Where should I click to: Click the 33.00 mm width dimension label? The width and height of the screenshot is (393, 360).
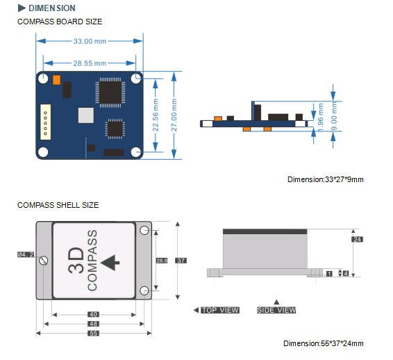tap(90, 41)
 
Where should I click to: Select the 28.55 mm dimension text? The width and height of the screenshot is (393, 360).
tap(90, 63)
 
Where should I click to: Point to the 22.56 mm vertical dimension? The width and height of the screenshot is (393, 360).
tap(156, 112)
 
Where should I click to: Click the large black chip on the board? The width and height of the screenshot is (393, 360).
tap(109, 92)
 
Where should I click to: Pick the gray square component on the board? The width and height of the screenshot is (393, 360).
tap(85, 115)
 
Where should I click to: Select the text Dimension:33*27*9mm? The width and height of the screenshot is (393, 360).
tap(326, 179)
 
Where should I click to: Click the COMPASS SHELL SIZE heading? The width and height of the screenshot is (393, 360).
tap(58, 205)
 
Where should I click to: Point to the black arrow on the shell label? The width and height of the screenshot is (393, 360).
tap(110, 262)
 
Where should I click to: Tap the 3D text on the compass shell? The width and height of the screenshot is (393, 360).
tap(76, 262)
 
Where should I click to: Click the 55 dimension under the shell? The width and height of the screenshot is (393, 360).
tap(93, 333)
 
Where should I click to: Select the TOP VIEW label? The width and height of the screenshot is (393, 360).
tap(219, 310)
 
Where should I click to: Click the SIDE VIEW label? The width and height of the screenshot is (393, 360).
tap(276, 310)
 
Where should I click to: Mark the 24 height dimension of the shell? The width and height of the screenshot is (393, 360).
tap(358, 239)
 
